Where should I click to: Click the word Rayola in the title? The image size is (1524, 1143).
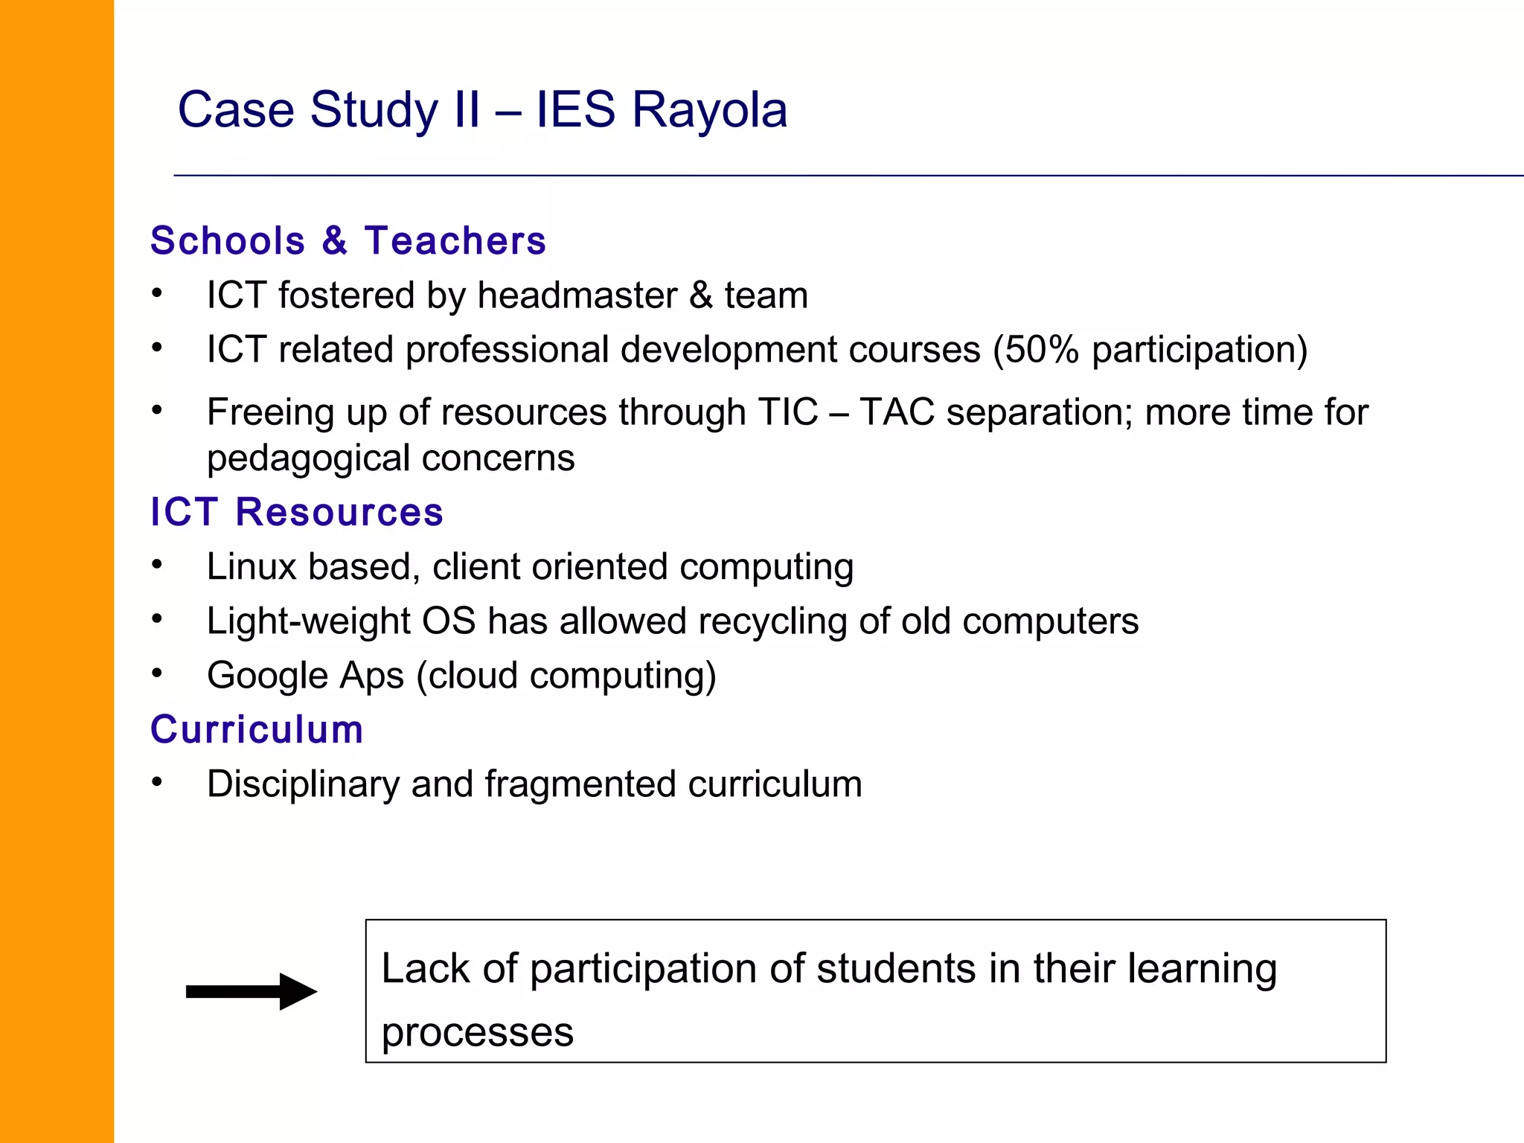pyautogui.click(x=709, y=110)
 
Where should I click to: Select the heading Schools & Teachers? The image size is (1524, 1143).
pyautogui.click(x=348, y=241)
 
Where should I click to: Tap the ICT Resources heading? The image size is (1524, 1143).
pyautogui.click(x=297, y=512)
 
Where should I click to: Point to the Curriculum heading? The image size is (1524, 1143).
pyautogui.click(x=257, y=729)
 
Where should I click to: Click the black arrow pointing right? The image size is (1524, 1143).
pyautogui.click(x=251, y=991)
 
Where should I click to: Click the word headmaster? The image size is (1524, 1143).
pyautogui.click(x=577, y=295)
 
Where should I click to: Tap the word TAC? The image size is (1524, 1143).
pyautogui.click(x=897, y=412)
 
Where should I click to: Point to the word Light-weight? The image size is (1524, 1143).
pyautogui.click(x=308, y=621)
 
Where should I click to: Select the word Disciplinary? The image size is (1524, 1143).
pyautogui.click(x=303, y=784)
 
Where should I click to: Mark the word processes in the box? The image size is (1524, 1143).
pyautogui.click(x=477, y=1033)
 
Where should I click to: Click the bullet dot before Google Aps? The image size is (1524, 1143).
pyautogui.click(x=157, y=673)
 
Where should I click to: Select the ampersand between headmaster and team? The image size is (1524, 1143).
pyautogui.click(x=700, y=295)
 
